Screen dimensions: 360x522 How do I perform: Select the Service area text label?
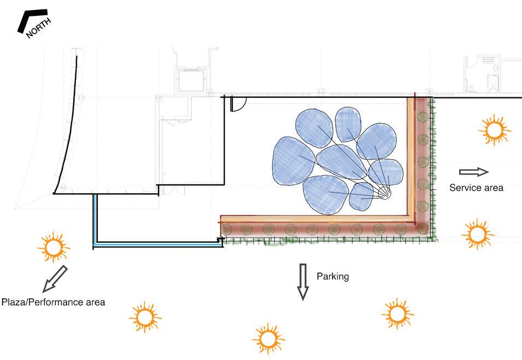pos(476,188)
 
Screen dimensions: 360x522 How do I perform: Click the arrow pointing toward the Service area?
pos(473,172)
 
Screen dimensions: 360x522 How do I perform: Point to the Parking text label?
pos(332,276)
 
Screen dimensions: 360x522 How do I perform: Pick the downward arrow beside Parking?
pos(303,281)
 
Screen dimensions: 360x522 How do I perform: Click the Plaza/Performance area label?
pos(53,301)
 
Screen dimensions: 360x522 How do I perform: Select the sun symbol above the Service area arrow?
pos(494,130)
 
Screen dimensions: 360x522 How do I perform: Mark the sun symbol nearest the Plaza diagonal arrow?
pos(54,248)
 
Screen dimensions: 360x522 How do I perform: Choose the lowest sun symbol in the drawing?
pos(268,339)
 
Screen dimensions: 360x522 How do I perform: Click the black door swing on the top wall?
pos(238,103)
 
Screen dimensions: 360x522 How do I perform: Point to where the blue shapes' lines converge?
pos(388,194)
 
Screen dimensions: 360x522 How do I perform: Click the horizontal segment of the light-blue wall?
pos(159,244)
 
